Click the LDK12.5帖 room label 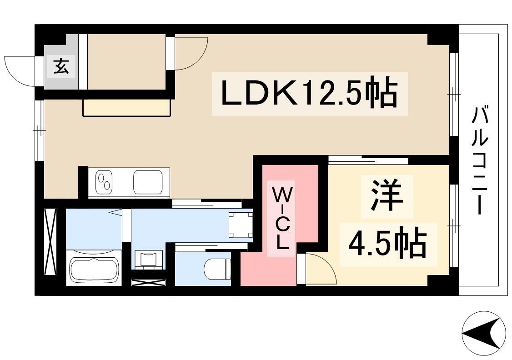tap(309, 94)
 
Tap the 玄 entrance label tap(61, 66)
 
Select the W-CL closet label tap(281, 219)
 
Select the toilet tap(217, 269)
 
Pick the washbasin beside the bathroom tap(149, 260)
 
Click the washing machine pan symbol tap(241, 225)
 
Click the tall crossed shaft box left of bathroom tap(50, 241)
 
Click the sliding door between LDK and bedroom tap(368, 160)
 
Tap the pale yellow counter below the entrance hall tap(127, 108)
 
